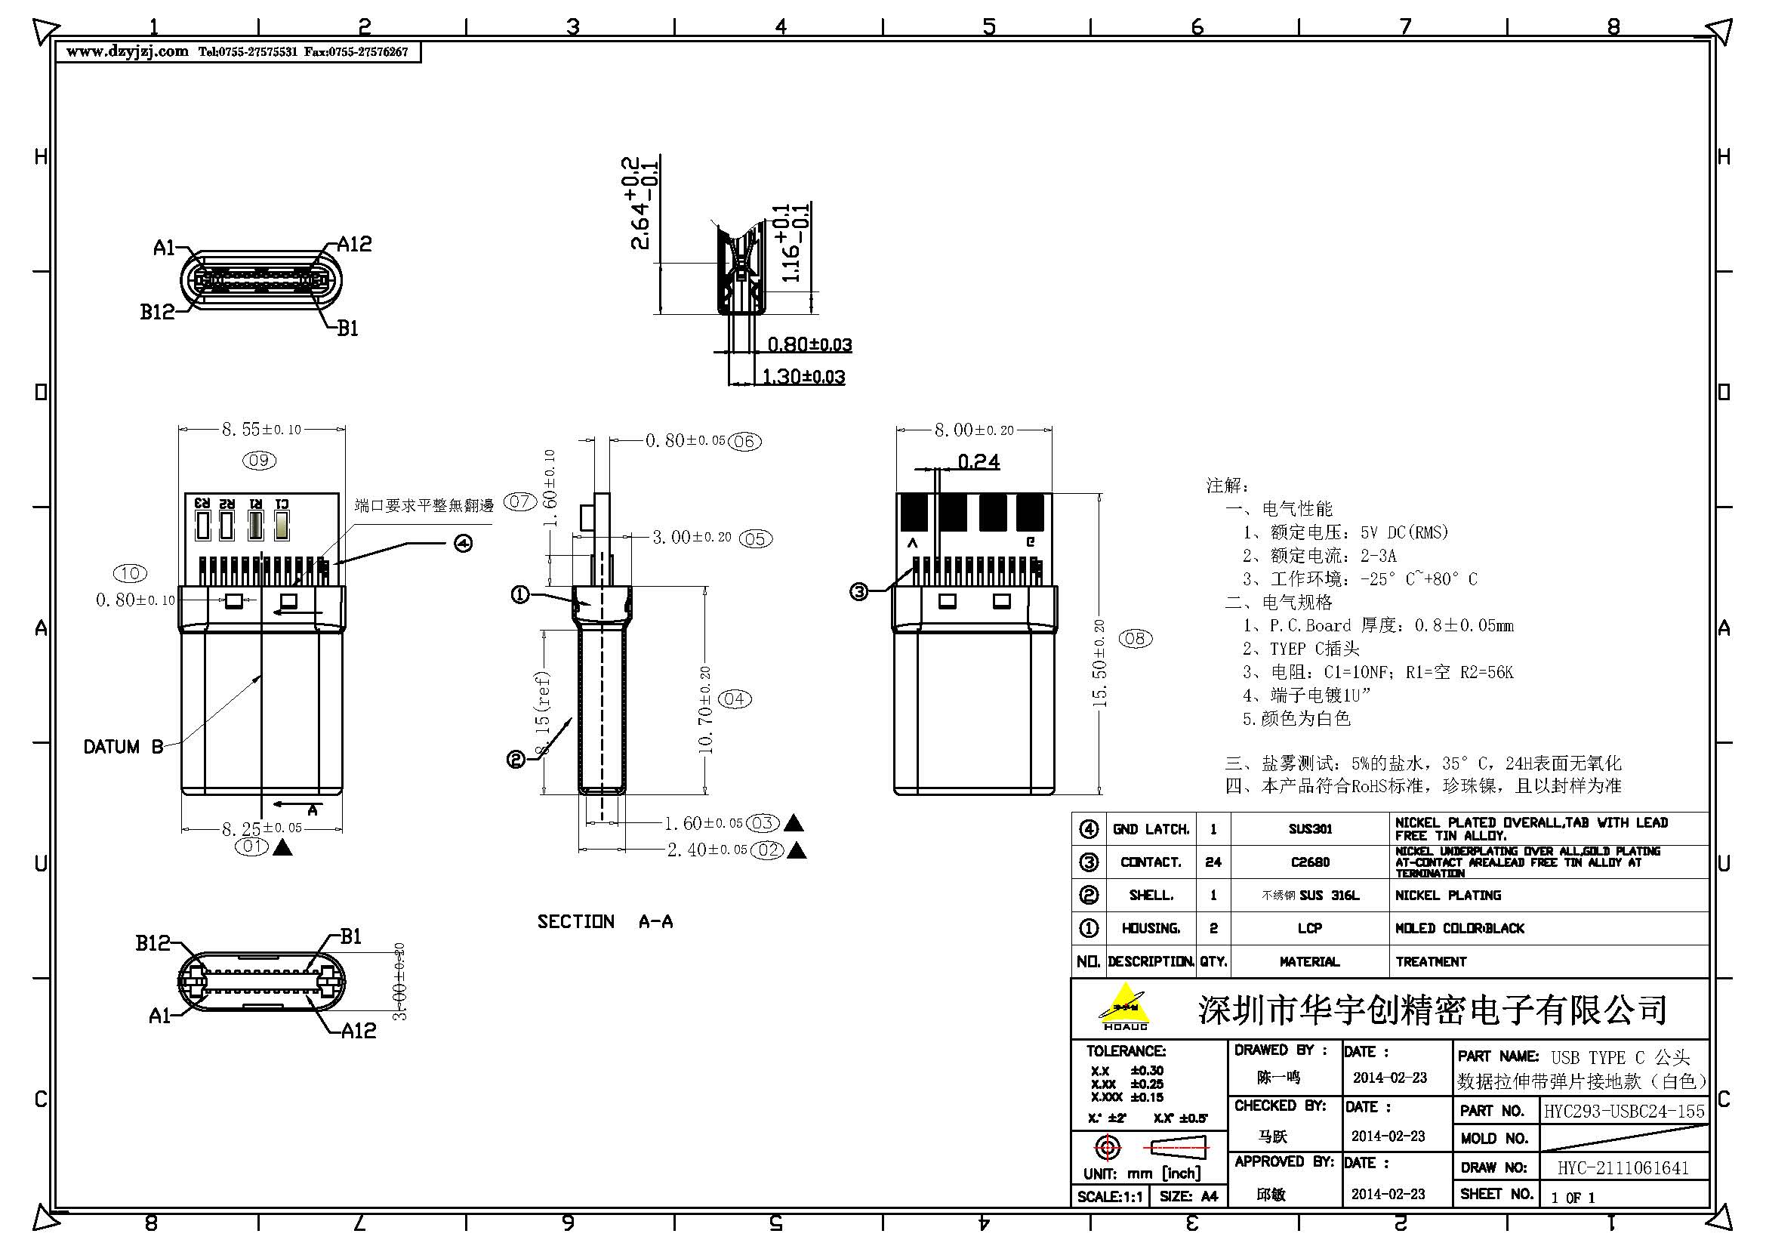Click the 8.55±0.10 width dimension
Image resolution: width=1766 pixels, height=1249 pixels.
(x=261, y=429)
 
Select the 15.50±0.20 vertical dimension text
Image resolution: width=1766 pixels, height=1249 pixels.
(x=1100, y=663)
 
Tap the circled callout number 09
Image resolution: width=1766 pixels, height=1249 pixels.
(x=259, y=461)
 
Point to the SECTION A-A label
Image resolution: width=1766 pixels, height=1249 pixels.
(x=605, y=921)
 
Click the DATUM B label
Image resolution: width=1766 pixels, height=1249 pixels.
(x=123, y=747)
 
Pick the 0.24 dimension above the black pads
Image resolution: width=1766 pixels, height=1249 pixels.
(x=979, y=461)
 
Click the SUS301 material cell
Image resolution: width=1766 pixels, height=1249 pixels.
(x=1310, y=829)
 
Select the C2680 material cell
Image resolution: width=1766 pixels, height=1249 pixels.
(x=1310, y=862)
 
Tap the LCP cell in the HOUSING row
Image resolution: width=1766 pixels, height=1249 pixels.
(x=1310, y=928)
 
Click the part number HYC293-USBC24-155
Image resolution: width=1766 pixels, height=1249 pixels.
(x=1624, y=1112)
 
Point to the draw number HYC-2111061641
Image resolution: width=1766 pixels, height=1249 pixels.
(x=1623, y=1168)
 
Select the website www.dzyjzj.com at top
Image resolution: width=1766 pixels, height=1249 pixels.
(x=127, y=51)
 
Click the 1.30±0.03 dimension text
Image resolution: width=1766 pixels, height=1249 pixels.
(x=803, y=377)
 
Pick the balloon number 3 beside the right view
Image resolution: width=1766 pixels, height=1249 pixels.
(x=859, y=591)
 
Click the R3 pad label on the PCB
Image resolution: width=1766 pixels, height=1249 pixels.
(x=202, y=503)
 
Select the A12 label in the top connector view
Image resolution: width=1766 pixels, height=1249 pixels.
(x=355, y=245)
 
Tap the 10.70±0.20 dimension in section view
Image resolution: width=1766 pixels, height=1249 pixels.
(x=705, y=709)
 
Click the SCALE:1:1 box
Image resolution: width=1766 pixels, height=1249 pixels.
(x=1109, y=1197)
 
